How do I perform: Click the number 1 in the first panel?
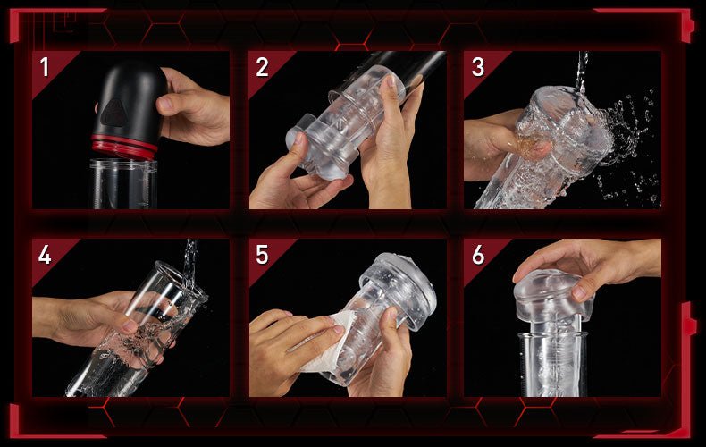[x=44, y=67]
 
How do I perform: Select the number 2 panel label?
[x=262, y=67]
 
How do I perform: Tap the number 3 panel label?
[x=478, y=67]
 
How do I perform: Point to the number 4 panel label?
[x=45, y=255]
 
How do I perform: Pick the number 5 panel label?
[x=262, y=255]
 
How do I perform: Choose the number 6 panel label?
[x=478, y=255]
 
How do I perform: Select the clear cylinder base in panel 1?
[x=123, y=184]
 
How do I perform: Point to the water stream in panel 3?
[x=583, y=72]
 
